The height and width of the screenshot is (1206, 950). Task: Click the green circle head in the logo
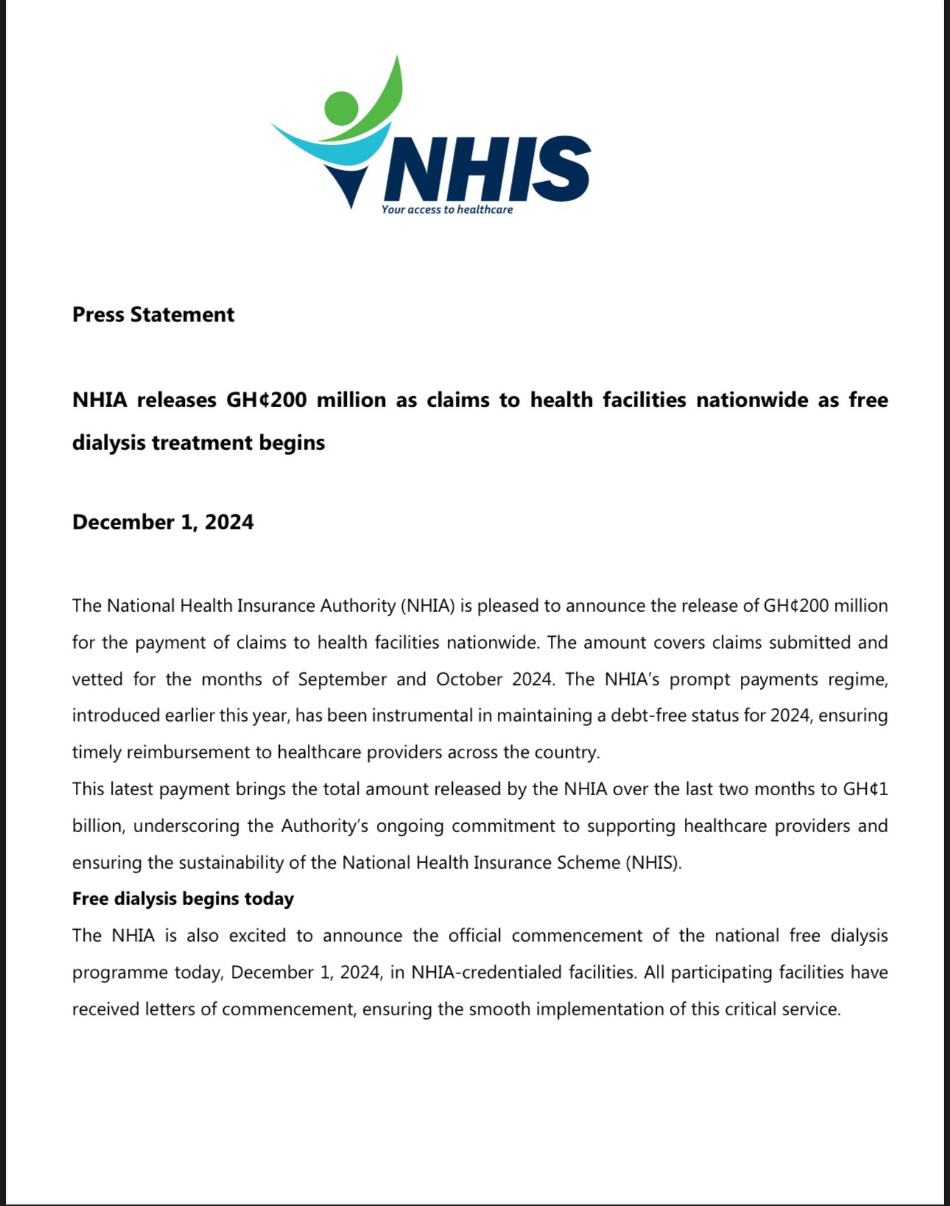tap(340, 107)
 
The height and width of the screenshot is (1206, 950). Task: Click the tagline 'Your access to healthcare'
tap(447, 210)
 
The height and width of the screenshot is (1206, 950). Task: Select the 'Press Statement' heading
tap(153, 314)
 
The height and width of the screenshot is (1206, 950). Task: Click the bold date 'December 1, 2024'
tap(163, 522)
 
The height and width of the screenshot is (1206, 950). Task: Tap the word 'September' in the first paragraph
tap(342, 679)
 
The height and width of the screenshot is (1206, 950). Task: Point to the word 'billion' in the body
tap(97, 826)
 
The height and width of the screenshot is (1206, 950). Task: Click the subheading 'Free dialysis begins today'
tap(183, 899)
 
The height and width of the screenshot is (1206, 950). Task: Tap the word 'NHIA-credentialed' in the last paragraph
tap(487, 973)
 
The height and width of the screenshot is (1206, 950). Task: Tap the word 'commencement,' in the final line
tap(289, 1009)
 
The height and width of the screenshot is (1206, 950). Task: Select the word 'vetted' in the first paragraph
tap(97, 679)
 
